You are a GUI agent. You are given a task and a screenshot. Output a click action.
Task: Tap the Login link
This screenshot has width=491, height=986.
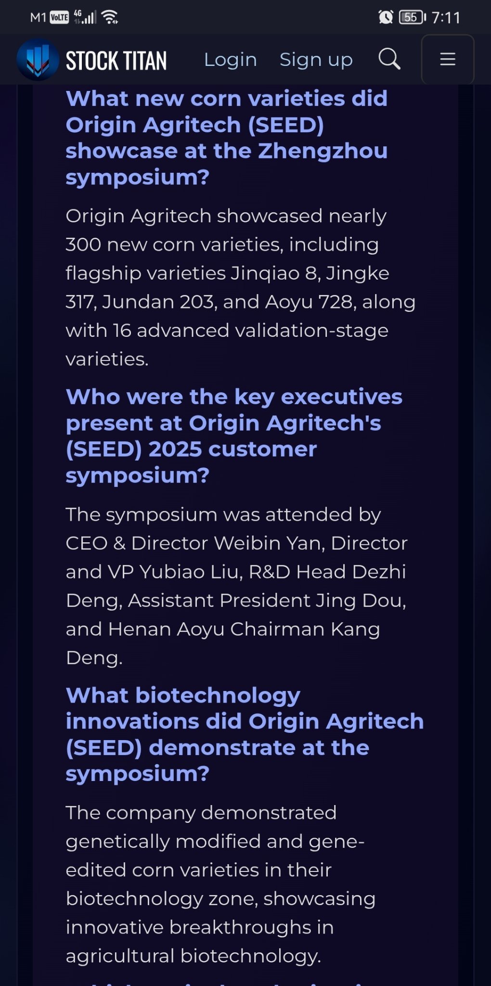click(231, 60)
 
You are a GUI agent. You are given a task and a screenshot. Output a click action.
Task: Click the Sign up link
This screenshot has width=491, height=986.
click(316, 60)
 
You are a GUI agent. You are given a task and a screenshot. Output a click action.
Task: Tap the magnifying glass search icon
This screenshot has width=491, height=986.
click(389, 59)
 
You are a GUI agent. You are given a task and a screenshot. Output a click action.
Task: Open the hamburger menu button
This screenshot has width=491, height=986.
click(448, 59)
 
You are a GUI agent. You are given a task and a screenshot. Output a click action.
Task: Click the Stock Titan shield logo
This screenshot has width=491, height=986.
click(38, 60)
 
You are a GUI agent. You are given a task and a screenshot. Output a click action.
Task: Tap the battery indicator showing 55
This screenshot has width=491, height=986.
click(412, 17)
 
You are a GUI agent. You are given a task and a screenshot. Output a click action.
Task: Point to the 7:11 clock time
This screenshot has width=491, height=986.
click(446, 18)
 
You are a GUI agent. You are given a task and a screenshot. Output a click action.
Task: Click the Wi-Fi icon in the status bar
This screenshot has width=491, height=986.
click(110, 17)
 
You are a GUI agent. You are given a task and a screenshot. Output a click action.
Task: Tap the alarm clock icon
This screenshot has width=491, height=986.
click(386, 17)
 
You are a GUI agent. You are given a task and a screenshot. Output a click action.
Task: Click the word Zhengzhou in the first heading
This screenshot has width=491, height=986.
click(323, 151)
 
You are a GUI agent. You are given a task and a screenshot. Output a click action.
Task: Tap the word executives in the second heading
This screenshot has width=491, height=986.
click(341, 397)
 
